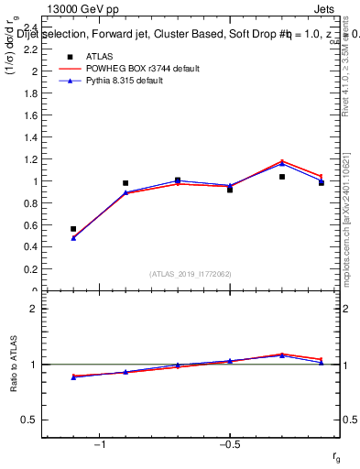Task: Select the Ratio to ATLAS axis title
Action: (x=14, y=365)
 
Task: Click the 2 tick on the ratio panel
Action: (x=33, y=309)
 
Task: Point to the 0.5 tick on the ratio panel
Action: (x=29, y=420)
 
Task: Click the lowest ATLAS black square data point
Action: (x=73, y=229)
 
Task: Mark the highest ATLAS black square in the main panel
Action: (x=282, y=177)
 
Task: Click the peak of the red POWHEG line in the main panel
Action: (x=282, y=161)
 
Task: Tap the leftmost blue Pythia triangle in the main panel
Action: (x=73, y=238)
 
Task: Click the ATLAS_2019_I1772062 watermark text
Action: (x=191, y=274)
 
